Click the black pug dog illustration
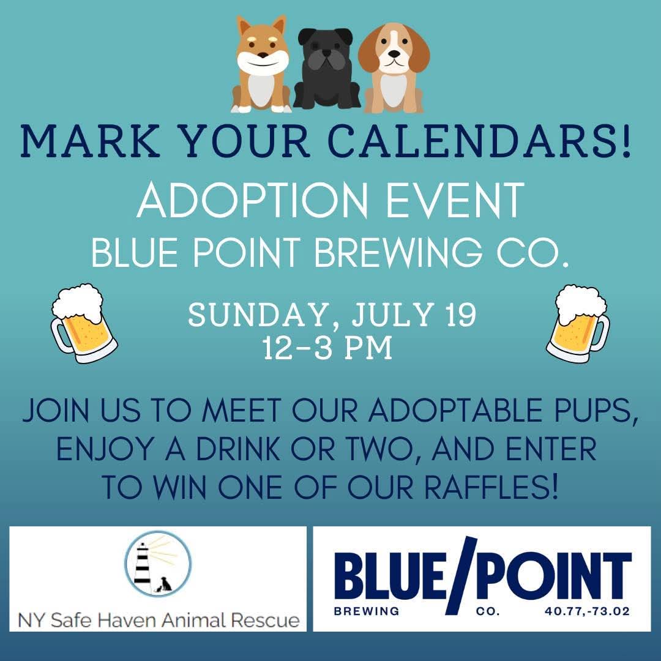click(x=327, y=67)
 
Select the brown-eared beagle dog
click(x=394, y=67)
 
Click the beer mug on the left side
click(x=83, y=323)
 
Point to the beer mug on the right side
click(x=578, y=323)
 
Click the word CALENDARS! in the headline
click(x=479, y=140)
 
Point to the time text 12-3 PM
click(x=327, y=348)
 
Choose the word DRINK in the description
click(x=238, y=449)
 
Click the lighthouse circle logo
click(x=158, y=563)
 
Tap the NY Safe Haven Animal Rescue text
click(x=159, y=620)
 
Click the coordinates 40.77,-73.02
click(x=587, y=611)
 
